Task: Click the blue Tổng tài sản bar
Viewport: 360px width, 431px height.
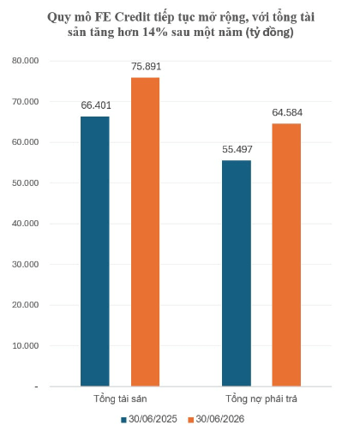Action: (95, 251)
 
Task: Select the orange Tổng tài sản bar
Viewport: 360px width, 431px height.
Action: (145, 232)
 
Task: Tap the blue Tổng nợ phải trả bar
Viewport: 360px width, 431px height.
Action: (237, 273)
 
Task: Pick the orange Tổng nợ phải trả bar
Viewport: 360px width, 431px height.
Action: (286, 255)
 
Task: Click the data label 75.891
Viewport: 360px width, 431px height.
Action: (146, 67)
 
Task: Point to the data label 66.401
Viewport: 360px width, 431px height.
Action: (96, 105)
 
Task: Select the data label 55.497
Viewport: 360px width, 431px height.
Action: (237, 149)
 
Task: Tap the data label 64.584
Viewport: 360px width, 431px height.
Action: (287, 112)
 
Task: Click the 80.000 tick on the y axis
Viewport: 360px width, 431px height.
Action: (25, 61)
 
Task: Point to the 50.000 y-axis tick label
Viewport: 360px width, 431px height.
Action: (25, 183)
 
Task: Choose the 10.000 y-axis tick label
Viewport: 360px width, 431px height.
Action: (25, 345)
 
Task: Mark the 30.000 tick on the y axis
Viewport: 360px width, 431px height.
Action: (25, 264)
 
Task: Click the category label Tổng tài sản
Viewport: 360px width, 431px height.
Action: (120, 398)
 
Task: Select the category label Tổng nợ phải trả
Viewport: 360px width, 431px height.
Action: (261, 399)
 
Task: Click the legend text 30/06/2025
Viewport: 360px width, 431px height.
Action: (153, 419)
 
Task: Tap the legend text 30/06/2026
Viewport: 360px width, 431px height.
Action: (220, 419)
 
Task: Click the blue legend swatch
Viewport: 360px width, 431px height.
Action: (123, 420)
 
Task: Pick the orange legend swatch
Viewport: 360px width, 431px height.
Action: (191, 420)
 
